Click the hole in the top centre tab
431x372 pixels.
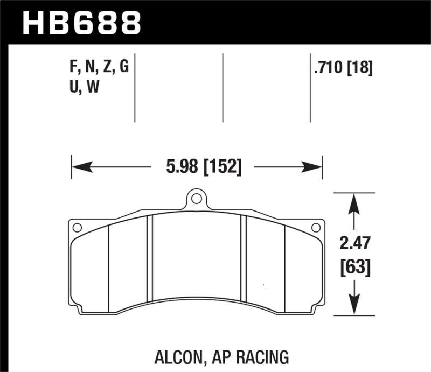pyautogui.click(x=197, y=199)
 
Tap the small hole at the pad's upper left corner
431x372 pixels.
pyautogui.click(x=77, y=228)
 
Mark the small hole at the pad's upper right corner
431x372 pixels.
pyautogui.click(x=317, y=228)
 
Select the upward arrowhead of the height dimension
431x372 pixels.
pyautogui.click(x=354, y=202)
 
